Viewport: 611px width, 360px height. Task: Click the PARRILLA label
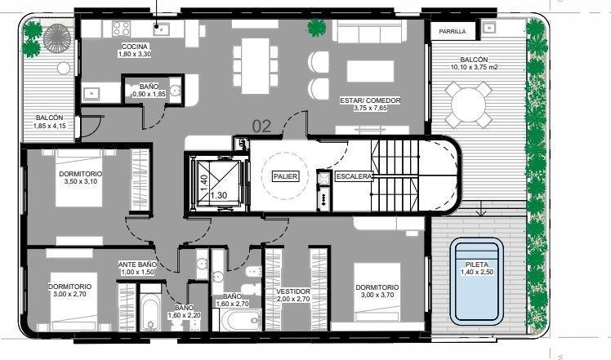coord(452,31)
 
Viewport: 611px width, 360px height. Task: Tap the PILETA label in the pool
coord(476,265)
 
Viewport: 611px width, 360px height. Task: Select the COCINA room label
coord(135,47)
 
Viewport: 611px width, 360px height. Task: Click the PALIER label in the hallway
coord(286,176)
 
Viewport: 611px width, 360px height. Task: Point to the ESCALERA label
coord(354,176)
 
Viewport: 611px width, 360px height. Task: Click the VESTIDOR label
coord(293,291)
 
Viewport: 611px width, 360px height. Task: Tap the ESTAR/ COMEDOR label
coord(370,100)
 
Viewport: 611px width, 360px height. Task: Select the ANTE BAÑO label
coord(136,265)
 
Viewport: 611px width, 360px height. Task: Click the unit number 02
coord(261,127)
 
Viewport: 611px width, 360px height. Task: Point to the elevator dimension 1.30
coord(219,195)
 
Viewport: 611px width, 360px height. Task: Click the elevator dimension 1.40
coord(203,183)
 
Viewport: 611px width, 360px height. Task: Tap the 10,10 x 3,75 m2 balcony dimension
coord(475,67)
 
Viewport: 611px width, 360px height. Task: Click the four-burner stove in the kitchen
coord(121,29)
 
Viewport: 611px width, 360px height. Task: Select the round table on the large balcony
coord(468,104)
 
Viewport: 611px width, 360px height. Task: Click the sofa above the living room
coord(370,30)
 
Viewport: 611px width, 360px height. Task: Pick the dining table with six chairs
coord(256,65)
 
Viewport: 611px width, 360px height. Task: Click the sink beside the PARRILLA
coord(488,28)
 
